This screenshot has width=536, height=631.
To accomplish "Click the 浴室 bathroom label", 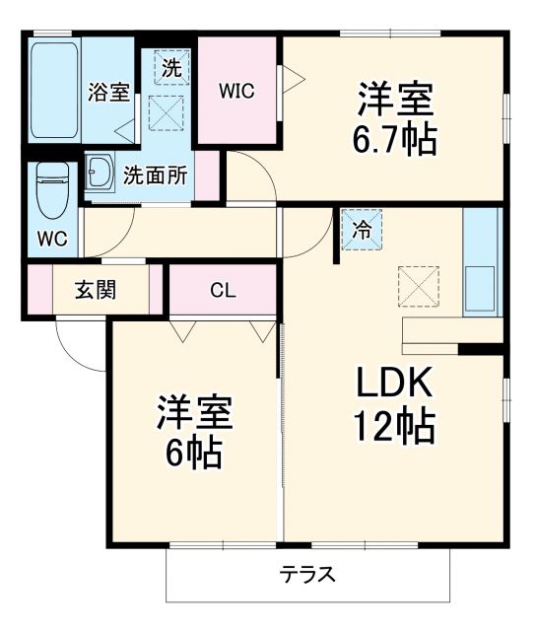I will point(108,93).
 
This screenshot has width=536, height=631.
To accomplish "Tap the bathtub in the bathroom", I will point(53,90).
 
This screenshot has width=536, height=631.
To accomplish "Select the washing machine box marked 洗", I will point(170,69).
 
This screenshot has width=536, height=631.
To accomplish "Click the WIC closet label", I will point(236,92).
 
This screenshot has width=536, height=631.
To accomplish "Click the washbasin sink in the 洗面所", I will point(100,175).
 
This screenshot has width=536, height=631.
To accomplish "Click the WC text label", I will point(51,239).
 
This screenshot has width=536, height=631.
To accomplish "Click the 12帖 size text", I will point(394,426).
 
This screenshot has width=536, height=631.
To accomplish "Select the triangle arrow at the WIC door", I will point(292,79).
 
